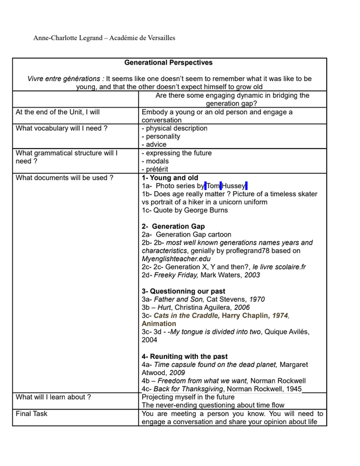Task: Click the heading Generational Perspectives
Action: pos(169,63)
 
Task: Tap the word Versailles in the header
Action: pos(156,38)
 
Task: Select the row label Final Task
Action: pos(32,414)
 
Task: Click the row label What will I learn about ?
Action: pos(53,397)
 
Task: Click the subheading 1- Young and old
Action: pos(170,178)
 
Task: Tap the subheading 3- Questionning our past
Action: pos(183,291)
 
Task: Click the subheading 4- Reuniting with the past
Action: pos(185,356)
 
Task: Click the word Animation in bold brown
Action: pos(158,324)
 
